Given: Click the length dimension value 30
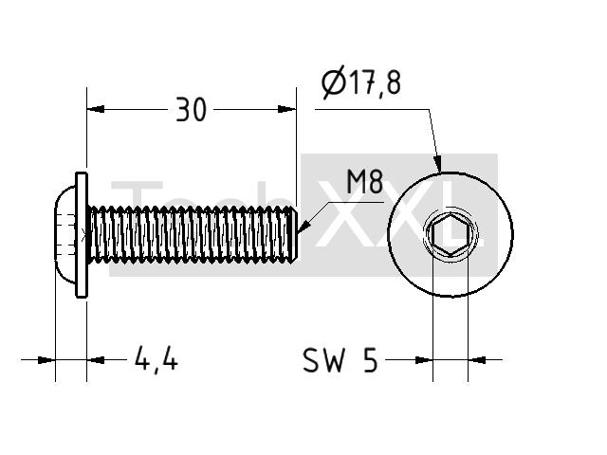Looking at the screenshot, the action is tap(192, 110).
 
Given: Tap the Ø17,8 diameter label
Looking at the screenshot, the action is tap(361, 82).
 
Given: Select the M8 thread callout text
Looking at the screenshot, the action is tap(364, 182).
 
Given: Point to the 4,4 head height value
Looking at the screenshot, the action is tap(156, 359).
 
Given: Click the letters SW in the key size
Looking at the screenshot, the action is tap(323, 360).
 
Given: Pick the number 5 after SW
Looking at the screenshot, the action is tap(370, 360).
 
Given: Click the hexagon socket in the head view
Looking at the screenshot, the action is tap(451, 234).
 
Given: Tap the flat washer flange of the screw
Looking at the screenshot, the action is tap(82, 235).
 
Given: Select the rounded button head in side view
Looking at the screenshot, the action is tap(65, 235).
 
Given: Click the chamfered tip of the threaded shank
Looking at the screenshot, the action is tap(295, 235).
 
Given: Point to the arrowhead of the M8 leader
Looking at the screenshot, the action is tap(304, 227).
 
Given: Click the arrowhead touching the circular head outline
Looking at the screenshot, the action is tap(437, 164).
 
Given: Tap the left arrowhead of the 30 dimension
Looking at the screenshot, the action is tap(96, 109).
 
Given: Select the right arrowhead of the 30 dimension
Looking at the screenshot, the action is tap(286, 109).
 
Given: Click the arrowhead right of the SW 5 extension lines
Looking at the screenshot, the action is tap(477, 360).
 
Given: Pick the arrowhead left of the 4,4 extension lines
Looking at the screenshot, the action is tap(46, 360).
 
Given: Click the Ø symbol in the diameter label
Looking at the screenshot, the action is tap(333, 83).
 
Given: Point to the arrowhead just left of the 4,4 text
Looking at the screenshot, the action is tap(96, 360).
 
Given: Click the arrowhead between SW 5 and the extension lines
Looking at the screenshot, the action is tap(424, 360).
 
